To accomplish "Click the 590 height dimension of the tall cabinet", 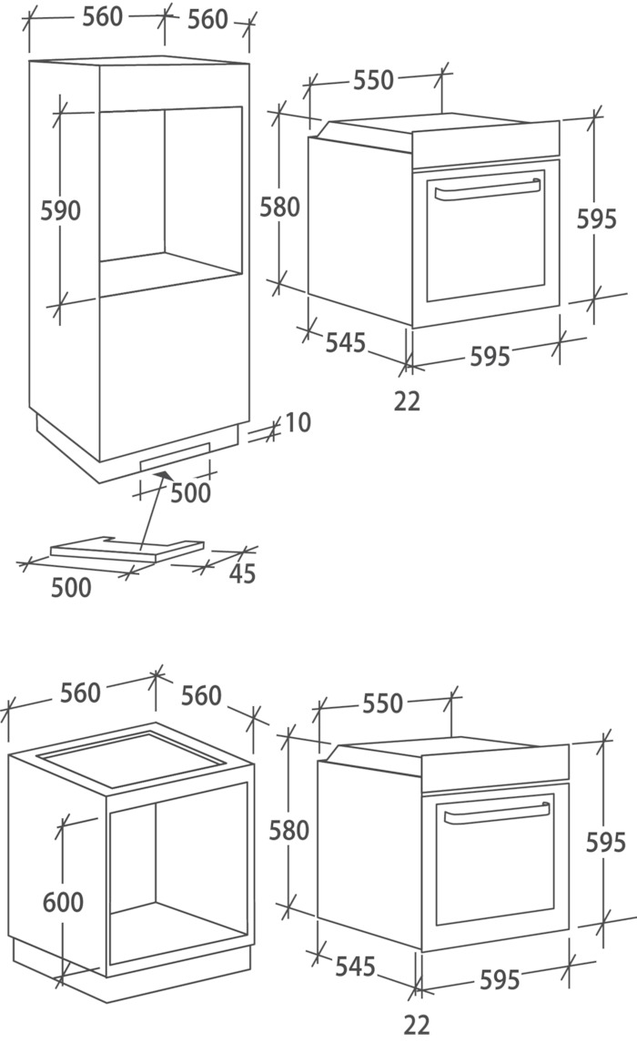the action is [60, 210].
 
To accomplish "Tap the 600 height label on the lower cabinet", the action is [63, 903].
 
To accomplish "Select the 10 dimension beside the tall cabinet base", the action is [297, 422].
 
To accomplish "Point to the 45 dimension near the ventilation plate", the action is [242, 573].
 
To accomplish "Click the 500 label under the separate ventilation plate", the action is [71, 588].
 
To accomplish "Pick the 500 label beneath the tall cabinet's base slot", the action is [190, 493].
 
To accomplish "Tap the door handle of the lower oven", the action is [497, 813].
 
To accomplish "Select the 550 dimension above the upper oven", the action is [373, 80].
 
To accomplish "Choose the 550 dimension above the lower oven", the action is [382, 703].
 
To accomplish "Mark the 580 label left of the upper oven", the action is [279, 207].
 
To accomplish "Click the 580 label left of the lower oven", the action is [289, 831].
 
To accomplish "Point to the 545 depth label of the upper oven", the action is [346, 343].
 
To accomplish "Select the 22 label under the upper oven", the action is [407, 401].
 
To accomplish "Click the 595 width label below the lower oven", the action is [500, 979].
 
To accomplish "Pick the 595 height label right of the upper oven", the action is [596, 218].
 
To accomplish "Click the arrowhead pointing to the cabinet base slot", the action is [161, 475].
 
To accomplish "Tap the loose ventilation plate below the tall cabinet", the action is [126, 549].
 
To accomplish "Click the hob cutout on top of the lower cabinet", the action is [130, 759].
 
